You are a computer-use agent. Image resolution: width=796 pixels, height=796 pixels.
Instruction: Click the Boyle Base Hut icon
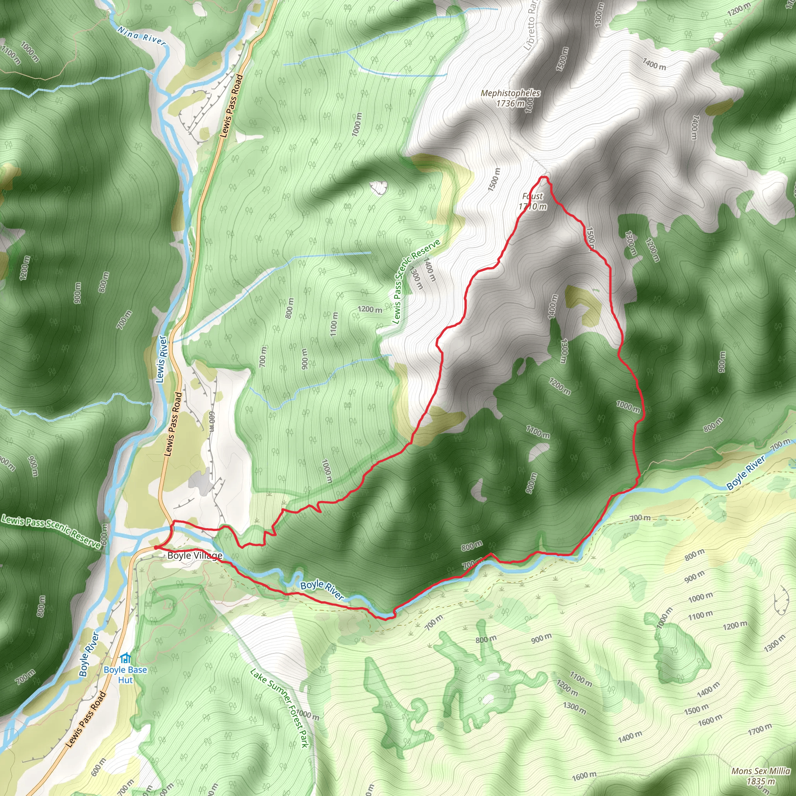tap(125, 658)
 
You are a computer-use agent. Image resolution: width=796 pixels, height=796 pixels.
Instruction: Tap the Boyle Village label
tap(194, 556)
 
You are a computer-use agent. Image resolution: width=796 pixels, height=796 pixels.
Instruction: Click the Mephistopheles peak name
tap(510, 93)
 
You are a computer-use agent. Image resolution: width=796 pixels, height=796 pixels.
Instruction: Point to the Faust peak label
tap(532, 196)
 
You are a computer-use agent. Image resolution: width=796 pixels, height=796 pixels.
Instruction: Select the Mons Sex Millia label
tap(761, 771)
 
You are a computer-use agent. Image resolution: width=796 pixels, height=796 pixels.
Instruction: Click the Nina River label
tap(141, 36)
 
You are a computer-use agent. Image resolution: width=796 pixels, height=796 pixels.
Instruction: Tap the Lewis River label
tap(162, 359)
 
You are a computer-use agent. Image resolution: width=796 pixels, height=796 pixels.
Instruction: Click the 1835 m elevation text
tap(761, 781)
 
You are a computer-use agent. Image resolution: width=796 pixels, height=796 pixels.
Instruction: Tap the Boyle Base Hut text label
tap(125, 674)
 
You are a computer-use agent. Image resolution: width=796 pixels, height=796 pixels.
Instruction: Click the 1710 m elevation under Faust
tap(532, 206)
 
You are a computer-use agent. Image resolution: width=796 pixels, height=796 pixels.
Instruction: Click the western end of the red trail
tap(155, 547)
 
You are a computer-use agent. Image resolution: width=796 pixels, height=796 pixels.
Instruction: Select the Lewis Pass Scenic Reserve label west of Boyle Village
tap(51, 531)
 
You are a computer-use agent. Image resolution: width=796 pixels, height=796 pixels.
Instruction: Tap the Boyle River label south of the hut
tap(89, 654)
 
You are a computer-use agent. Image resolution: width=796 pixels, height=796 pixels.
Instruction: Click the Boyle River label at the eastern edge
tap(745, 473)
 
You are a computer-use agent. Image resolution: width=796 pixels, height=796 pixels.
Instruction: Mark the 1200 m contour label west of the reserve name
tap(370, 309)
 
